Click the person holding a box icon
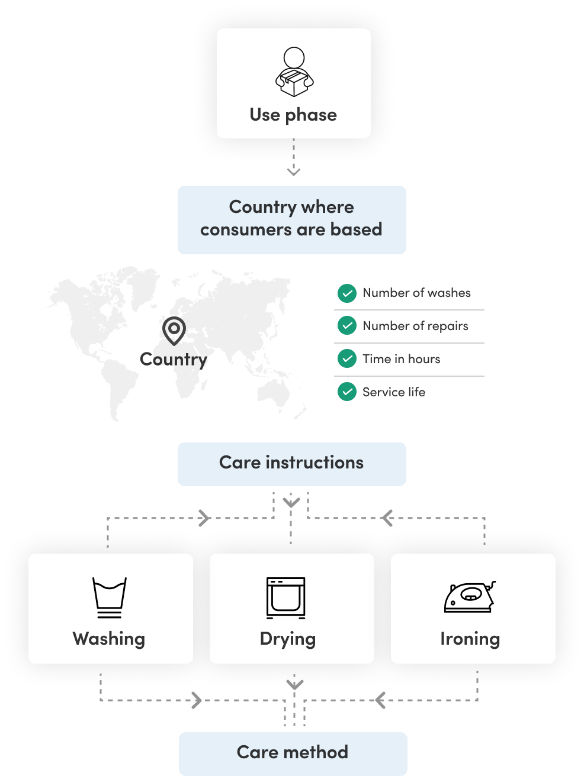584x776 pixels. click(x=294, y=72)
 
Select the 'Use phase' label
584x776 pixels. click(x=293, y=115)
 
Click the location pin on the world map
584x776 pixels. click(x=174, y=330)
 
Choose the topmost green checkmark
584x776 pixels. click(x=347, y=293)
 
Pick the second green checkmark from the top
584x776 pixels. click(x=347, y=325)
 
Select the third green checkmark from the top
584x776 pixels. click(x=347, y=358)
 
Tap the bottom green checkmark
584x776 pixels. click(x=347, y=392)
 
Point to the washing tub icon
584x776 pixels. click(x=110, y=597)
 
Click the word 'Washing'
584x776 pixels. click(x=109, y=639)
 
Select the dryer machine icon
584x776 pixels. click(x=286, y=597)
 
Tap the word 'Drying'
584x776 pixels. click(x=288, y=639)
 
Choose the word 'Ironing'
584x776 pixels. click(x=470, y=639)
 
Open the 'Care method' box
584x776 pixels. click(x=293, y=753)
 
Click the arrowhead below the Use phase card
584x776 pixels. click(x=294, y=172)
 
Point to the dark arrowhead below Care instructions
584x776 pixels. click(x=291, y=503)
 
